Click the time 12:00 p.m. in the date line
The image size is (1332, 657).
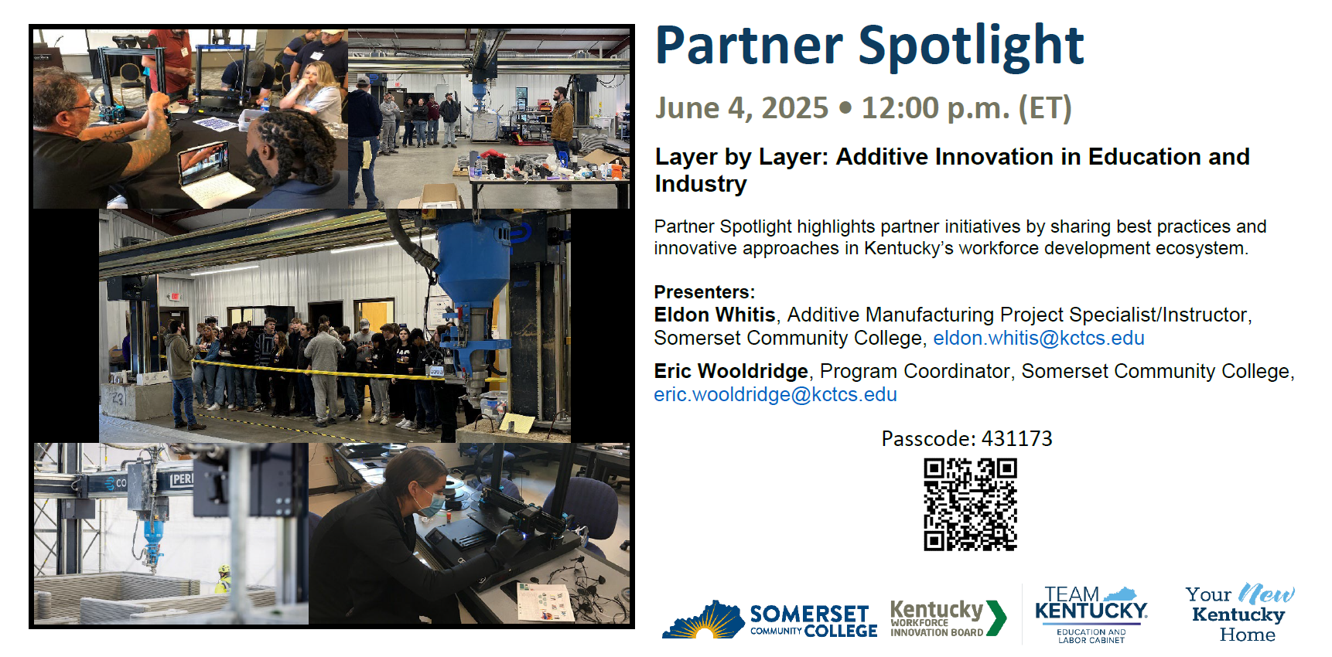(936, 108)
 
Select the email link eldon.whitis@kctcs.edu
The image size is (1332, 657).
(1039, 338)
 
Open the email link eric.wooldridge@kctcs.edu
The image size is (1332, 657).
(775, 394)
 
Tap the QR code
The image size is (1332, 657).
(970, 504)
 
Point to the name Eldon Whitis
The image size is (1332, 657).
(715, 315)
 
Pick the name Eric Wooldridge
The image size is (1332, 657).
(731, 371)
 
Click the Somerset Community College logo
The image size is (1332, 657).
(770, 620)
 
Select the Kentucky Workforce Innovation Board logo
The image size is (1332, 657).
(948, 618)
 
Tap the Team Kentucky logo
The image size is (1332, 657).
(1091, 614)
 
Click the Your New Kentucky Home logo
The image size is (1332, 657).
(1239, 614)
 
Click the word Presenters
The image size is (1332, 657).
(704, 292)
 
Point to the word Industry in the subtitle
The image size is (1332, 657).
(701, 184)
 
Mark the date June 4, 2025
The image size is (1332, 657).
(742, 108)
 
